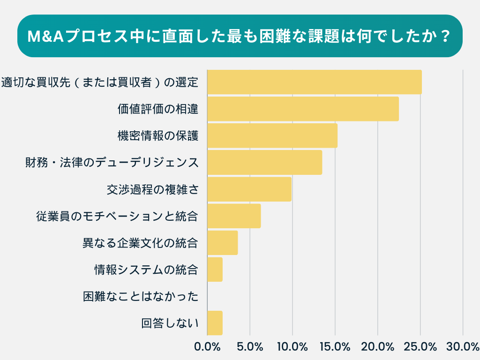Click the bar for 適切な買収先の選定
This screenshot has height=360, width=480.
[x=314, y=82]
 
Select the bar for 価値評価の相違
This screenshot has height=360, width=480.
[x=303, y=109]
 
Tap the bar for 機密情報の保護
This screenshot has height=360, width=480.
[x=272, y=135]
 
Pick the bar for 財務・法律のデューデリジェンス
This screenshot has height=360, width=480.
[x=264, y=162]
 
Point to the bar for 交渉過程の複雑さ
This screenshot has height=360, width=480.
[x=249, y=189]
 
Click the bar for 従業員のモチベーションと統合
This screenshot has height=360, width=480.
[x=234, y=216]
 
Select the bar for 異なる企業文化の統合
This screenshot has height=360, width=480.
[x=222, y=242]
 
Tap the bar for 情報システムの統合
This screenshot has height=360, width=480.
[x=215, y=269]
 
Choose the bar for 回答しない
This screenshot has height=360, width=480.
[x=215, y=323]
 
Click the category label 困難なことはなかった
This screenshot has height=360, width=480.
[x=141, y=297]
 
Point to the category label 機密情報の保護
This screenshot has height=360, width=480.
[x=157, y=136]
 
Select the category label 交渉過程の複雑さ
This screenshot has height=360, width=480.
[x=152, y=189]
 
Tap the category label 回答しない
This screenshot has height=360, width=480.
[x=170, y=323]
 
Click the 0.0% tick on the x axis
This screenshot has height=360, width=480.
[x=207, y=347]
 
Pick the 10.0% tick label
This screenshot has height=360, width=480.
[x=292, y=347]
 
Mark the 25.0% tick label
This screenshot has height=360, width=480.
[x=420, y=347]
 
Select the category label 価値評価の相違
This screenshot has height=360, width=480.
[x=157, y=109]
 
